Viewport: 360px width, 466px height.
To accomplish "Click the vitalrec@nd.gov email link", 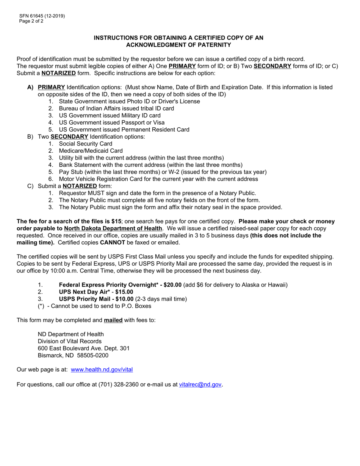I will click(x=200, y=385).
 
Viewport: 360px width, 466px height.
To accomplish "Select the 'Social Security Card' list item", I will click(x=86, y=144).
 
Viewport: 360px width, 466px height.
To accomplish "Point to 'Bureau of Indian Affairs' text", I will click(x=91, y=108).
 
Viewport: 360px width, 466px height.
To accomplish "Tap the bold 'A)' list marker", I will click(x=31, y=87).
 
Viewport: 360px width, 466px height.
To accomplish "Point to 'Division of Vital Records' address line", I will click(x=70, y=341).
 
